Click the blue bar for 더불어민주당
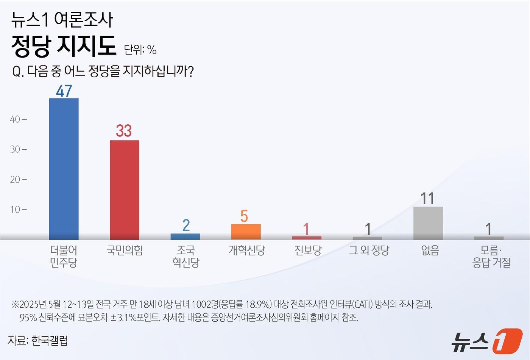click(64, 169)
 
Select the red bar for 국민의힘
click(125, 189)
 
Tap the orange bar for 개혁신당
click(246, 232)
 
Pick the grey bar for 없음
click(428, 223)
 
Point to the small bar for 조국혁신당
click(185, 236)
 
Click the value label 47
click(64, 91)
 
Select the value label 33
click(124, 131)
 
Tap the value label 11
click(428, 199)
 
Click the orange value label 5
click(244, 216)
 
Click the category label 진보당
click(308, 250)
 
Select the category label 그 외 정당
click(369, 250)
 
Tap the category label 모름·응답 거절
click(491, 256)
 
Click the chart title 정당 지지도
click(64, 46)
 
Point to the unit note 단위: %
click(140, 50)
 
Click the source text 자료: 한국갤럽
click(38, 340)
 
